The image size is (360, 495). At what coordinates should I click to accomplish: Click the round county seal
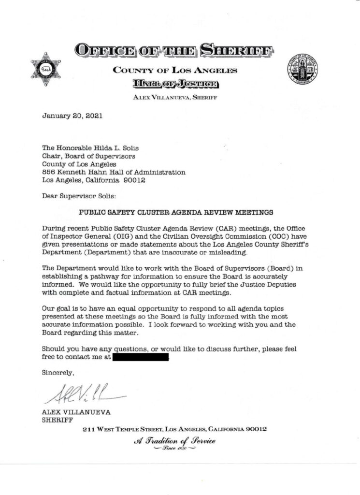(x=302, y=68)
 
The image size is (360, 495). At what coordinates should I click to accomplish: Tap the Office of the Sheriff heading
(x=174, y=50)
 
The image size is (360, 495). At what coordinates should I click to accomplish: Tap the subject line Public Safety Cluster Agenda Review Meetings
(x=176, y=212)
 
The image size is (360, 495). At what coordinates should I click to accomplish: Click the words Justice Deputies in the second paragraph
(x=265, y=284)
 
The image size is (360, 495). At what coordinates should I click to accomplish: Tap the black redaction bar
(x=141, y=358)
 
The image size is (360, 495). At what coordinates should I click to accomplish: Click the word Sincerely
(x=58, y=373)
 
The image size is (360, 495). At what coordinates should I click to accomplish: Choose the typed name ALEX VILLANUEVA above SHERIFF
(x=72, y=412)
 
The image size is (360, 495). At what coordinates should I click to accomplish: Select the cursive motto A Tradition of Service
(x=174, y=440)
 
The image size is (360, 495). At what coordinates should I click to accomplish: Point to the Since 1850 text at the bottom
(x=174, y=449)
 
